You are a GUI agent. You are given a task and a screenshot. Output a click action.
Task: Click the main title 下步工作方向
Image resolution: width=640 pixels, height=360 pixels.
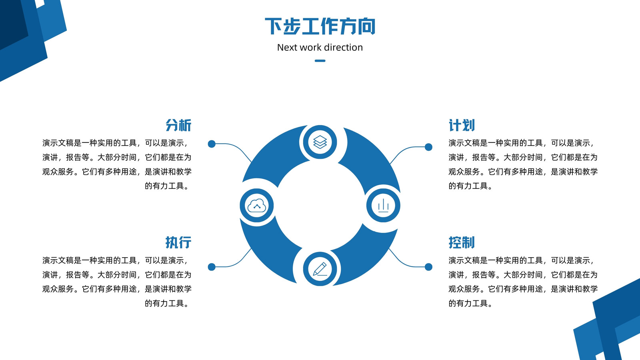[x=320, y=26]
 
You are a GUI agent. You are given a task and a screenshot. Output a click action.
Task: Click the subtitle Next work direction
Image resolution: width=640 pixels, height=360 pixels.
[x=320, y=48]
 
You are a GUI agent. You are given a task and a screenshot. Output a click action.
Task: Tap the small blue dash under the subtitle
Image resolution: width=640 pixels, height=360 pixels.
[x=320, y=60]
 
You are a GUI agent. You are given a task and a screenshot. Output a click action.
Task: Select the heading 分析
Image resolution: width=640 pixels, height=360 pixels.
[x=178, y=126]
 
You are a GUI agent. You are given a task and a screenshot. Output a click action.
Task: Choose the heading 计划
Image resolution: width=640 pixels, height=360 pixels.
[x=462, y=126]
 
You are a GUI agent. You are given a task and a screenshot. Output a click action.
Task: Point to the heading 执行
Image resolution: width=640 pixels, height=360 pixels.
[x=178, y=242]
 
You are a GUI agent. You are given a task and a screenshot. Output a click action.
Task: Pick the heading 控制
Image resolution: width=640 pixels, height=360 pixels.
[x=462, y=242]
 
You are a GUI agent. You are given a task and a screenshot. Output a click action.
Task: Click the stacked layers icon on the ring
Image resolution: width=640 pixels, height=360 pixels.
[x=320, y=142]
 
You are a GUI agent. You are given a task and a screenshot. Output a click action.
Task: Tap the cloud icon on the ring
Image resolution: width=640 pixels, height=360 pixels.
[x=256, y=206]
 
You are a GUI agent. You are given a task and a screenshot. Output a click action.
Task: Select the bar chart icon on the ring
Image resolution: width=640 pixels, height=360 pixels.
[x=383, y=206]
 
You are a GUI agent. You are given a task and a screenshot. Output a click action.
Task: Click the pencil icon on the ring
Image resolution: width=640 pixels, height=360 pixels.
[x=320, y=269]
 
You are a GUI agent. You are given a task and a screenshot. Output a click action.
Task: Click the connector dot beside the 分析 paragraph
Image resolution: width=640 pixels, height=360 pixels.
[x=212, y=144]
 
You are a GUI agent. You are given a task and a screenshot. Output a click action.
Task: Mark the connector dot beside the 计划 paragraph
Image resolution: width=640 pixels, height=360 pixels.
[x=428, y=147]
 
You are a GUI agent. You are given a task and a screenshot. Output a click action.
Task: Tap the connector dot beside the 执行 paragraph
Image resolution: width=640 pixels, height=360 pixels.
[x=212, y=267]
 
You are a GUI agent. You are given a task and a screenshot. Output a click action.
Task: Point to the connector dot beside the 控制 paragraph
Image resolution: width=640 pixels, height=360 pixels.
[x=428, y=267]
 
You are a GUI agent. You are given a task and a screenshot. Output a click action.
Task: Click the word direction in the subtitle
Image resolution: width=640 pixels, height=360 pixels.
[x=344, y=48]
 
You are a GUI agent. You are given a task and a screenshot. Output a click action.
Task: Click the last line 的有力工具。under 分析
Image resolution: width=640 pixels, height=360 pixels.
[x=168, y=186]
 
